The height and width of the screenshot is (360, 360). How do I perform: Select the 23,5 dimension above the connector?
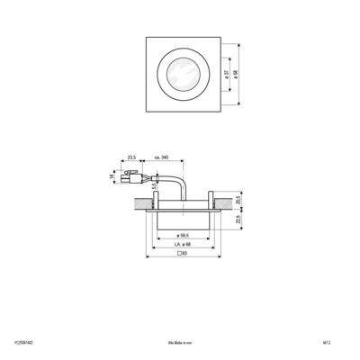pos(132,157)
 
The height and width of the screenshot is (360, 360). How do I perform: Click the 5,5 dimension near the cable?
pos(154,186)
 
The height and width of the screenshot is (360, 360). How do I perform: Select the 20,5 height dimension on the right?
pos(238,199)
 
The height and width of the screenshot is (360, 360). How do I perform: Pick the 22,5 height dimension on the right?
pos(238,218)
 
